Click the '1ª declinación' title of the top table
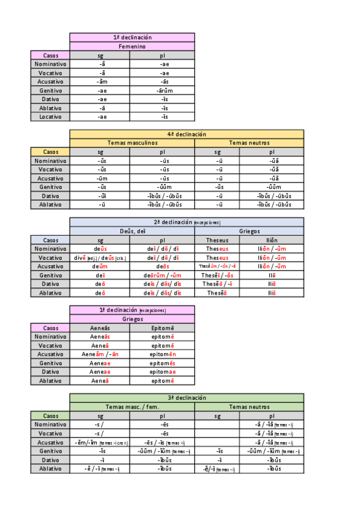[x=132, y=37]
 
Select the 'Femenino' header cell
[x=132, y=46]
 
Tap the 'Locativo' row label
[x=50, y=117]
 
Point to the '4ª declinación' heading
[x=186, y=134]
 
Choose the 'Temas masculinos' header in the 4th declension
[x=132, y=143]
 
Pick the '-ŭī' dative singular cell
[x=101, y=196]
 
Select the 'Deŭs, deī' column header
[x=132, y=231]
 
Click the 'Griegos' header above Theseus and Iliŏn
[x=249, y=231]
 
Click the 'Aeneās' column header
[x=101, y=328]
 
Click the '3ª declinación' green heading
[x=186, y=398]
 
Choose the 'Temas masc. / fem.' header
[x=132, y=407]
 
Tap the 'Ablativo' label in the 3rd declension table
[x=50, y=469]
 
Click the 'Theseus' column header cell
[x=217, y=240]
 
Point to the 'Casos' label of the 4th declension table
[x=50, y=152]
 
